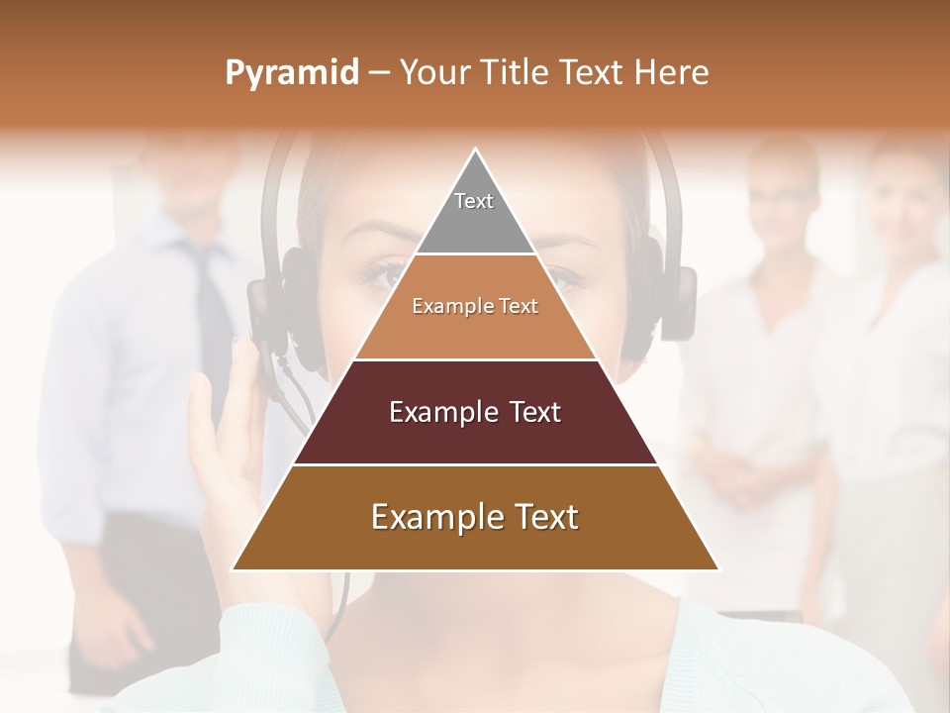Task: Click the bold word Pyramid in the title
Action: point(291,73)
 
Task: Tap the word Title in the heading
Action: point(519,73)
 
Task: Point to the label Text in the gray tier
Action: point(474,201)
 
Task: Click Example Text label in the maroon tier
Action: point(475,412)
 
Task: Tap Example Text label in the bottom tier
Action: point(475,517)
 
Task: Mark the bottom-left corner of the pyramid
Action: point(233,569)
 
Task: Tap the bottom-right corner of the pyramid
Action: point(718,569)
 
